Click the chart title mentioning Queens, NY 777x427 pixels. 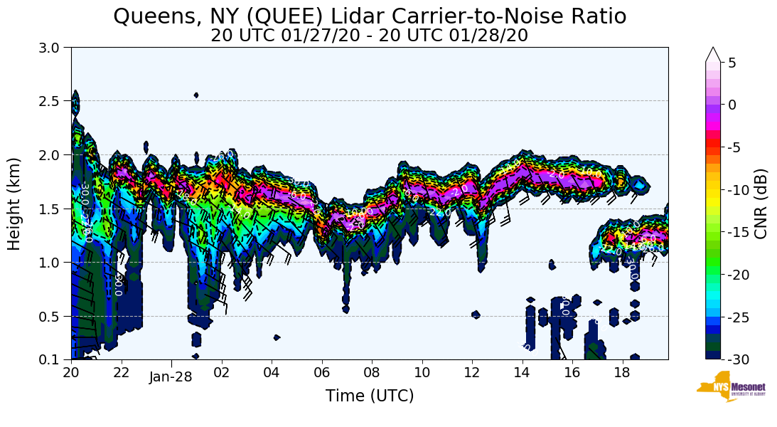[370, 16]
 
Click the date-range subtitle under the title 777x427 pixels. [369, 36]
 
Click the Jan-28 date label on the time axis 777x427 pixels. [171, 377]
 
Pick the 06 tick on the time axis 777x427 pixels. [321, 371]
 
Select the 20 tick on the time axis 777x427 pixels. [71, 371]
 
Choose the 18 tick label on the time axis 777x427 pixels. [622, 371]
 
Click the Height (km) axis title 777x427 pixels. [14, 204]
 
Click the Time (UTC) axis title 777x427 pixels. [369, 396]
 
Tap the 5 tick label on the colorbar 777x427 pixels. [732, 63]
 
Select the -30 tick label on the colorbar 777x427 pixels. [738, 359]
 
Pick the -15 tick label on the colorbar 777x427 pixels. [738, 232]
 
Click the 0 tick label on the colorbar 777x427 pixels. [732, 105]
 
